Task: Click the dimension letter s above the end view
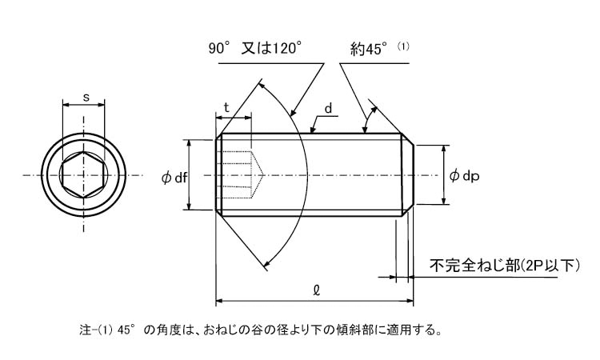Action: point(86,98)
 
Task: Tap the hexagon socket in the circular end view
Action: point(84,175)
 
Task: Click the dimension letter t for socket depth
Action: point(226,107)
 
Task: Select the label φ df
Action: point(174,178)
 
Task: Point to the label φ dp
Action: point(464,176)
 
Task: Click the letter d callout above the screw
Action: point(328,109)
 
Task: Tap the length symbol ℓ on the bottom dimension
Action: point(316,290)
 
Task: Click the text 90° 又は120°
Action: point(255,48)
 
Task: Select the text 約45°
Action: point(369,49)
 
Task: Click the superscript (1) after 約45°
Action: point(403,46)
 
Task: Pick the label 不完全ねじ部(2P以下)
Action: point(504,265)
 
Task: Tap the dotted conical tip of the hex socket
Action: point(258,175)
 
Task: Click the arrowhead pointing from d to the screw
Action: point(313,130)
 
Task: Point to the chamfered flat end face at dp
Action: point(414,175)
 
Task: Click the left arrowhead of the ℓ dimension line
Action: point(219,301)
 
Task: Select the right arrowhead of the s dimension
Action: point(102,104)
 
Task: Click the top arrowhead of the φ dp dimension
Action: point(443,149)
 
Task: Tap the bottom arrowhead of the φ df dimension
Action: point(189,206)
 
